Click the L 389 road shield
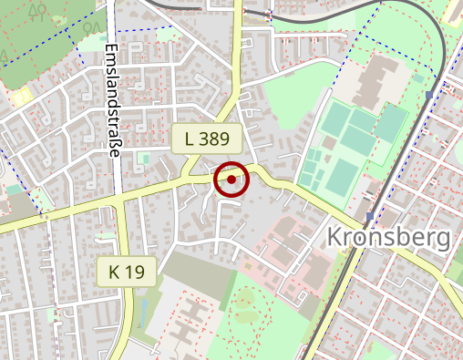tap(207, 139)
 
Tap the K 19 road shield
tap(127, 271)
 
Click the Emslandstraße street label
tap(113, 100)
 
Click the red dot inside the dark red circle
tap(231, 180)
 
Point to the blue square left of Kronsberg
tap(369, 217)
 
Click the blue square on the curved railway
tap(429, 93)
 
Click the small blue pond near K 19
tap(139, 314)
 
